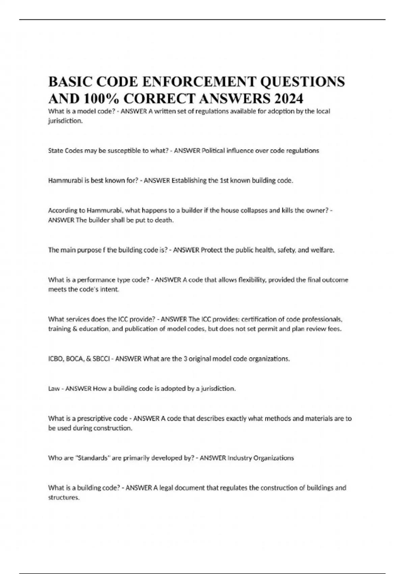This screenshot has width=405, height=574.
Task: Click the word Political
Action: [213, 151]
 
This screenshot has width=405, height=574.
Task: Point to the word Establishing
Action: [189, 181]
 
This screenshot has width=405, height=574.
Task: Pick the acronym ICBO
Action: [56, 359]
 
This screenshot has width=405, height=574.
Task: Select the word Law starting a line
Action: [54, 389]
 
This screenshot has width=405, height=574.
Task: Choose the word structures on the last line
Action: [64, 498]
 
